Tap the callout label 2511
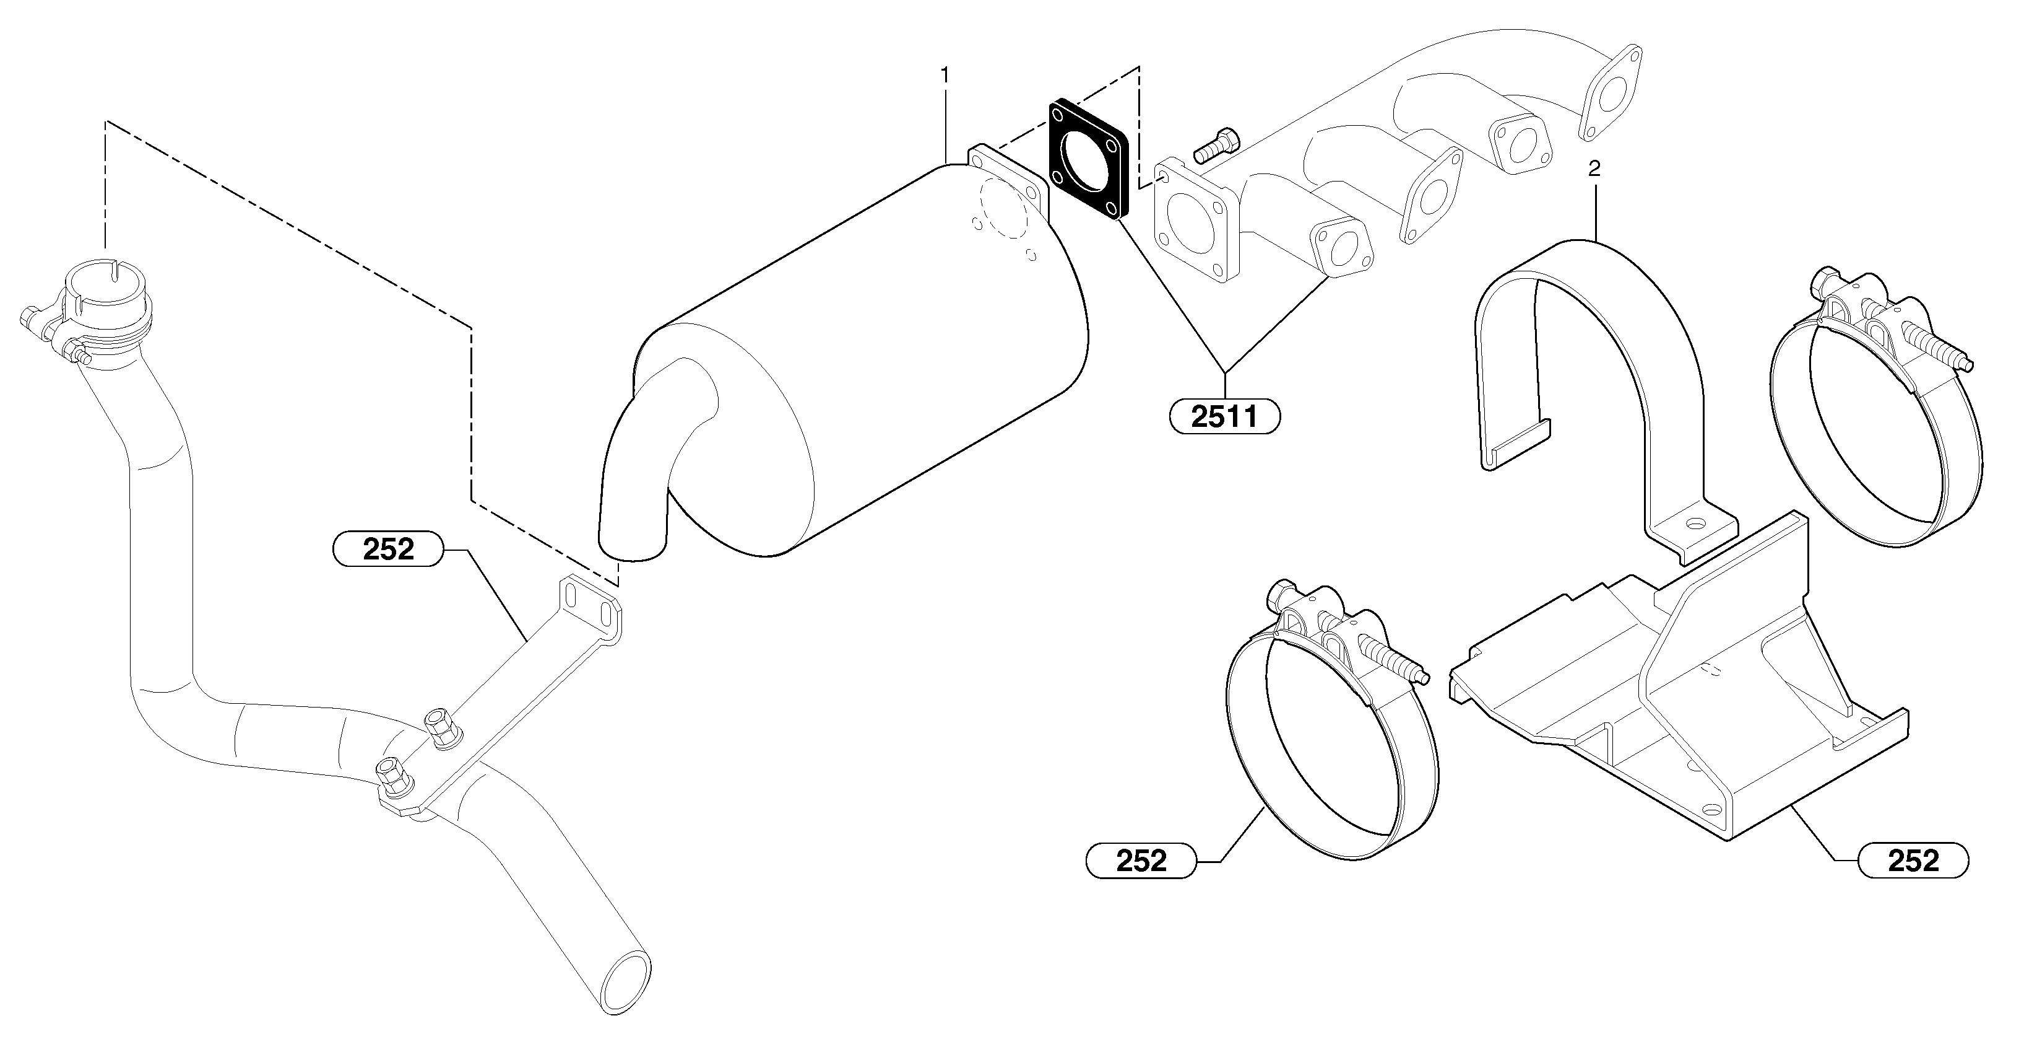point(1224,417)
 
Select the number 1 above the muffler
point(945,75)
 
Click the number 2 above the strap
point(1594,169)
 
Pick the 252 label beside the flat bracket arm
point(388,549)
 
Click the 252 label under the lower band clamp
point(1140,861)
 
